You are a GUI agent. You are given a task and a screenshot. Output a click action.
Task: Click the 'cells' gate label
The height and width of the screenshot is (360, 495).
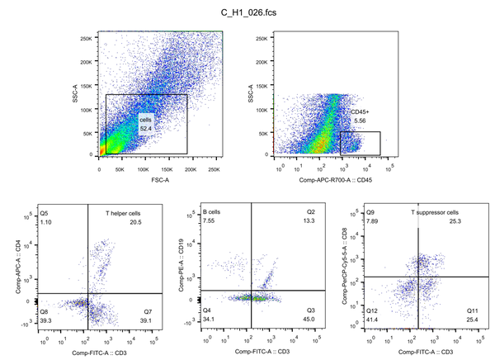coord(146,119)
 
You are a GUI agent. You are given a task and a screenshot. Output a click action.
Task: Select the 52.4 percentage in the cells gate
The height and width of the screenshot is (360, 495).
coord(146,129)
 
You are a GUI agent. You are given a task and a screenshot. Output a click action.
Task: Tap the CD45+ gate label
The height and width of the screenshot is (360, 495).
coord(358,112)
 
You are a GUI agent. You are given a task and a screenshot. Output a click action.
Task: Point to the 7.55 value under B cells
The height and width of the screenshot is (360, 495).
coord(210,221)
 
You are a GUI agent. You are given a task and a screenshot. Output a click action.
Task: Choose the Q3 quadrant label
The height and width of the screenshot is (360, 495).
coord(310,310)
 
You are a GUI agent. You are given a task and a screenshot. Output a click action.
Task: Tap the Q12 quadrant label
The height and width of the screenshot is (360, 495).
coord(373,310)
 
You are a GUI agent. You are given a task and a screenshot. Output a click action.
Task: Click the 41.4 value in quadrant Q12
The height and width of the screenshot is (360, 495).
coord(373,320)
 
